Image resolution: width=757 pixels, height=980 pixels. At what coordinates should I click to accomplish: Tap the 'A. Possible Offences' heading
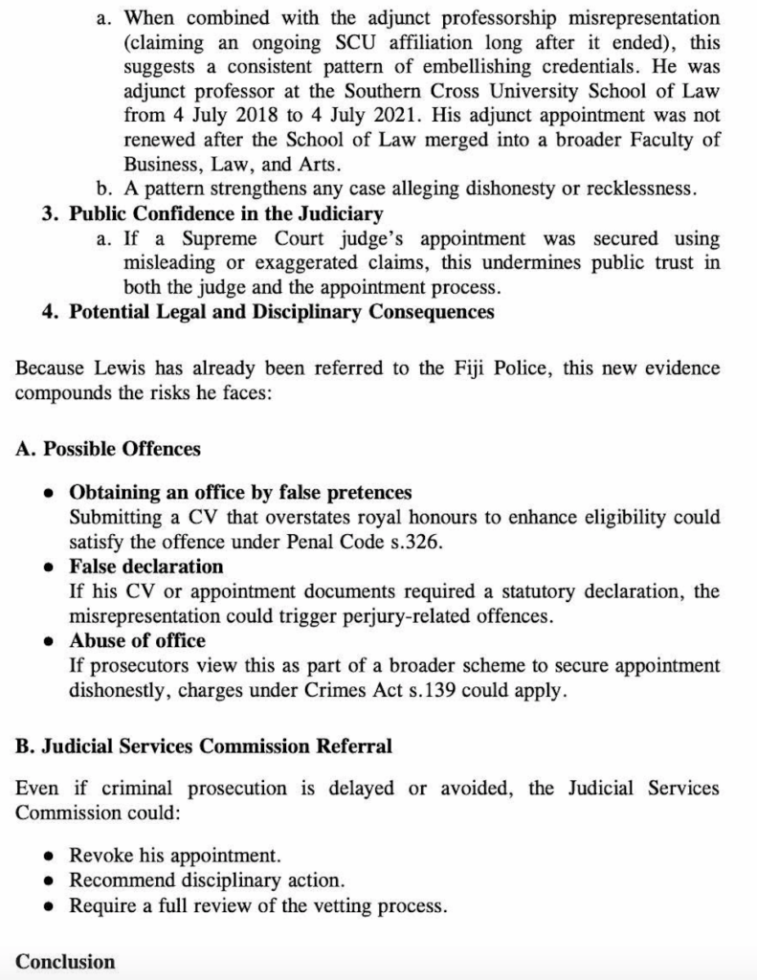pos(108,448)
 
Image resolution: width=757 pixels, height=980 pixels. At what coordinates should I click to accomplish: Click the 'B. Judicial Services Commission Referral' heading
pos(203,745)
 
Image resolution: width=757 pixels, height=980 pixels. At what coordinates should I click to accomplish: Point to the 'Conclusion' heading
pos(65,962)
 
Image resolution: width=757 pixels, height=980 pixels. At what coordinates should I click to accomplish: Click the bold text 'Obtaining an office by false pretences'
pos(240,493)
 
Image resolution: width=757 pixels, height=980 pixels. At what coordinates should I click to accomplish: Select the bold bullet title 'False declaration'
pos(145,567)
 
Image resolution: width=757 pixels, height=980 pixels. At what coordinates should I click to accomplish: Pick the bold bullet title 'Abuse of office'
pos(137,640)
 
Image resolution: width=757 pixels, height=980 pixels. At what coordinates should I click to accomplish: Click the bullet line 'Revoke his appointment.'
pos(175,855)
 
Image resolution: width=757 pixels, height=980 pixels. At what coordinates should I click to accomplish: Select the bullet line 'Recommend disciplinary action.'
pos(207,880)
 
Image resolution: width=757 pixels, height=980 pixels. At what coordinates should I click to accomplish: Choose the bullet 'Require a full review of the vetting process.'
pos(257,904)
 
